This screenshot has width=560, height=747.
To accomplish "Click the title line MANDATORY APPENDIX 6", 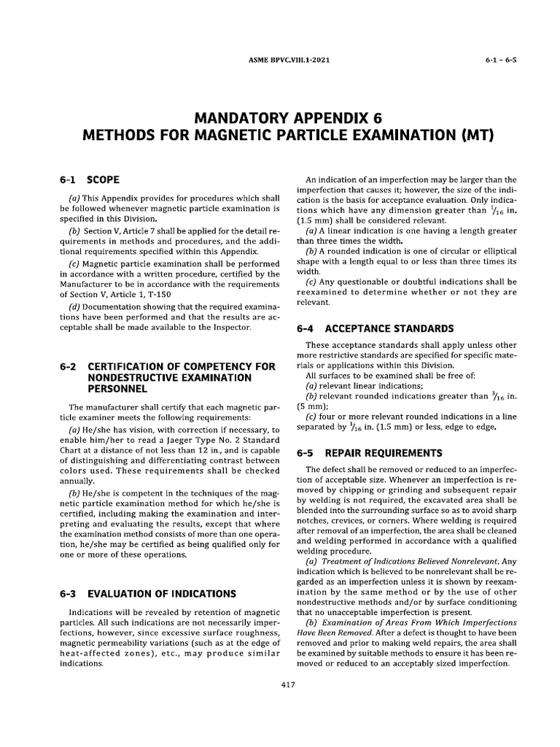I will tap(280, 117).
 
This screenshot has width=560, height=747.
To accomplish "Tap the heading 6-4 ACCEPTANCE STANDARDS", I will tap(375, 328).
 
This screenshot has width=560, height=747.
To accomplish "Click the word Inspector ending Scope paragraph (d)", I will tap(229, 329).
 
